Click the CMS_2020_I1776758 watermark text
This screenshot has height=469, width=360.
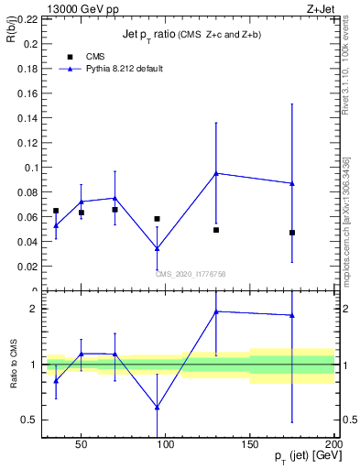[x=191, y=273]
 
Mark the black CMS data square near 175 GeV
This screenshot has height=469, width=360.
[x=292, y=233]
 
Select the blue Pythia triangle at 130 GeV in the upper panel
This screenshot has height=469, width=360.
[x=216, y=173]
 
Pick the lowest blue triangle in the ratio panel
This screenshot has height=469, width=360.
[x=158, y=408]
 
